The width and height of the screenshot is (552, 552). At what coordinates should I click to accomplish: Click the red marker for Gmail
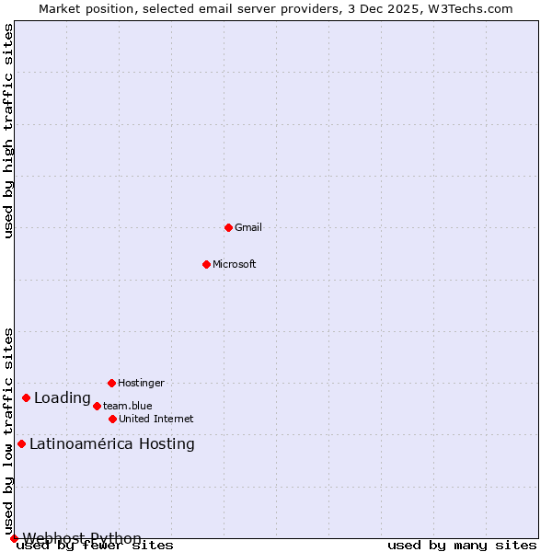[228, 227]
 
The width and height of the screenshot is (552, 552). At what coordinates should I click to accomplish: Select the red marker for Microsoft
[206, 264]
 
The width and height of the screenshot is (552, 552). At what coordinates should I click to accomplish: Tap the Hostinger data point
[111, 383]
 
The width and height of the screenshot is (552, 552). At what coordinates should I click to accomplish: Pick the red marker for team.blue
[97, 406]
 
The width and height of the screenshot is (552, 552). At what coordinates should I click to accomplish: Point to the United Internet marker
[112, 419]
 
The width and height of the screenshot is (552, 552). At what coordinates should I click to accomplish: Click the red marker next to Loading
[26, 397]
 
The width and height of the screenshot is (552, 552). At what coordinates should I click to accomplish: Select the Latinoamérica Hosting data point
[21, 443]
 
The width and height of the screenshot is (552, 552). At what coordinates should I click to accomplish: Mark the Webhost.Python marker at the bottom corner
[14, 538]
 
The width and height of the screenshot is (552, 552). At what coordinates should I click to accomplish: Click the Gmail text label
[248, 227]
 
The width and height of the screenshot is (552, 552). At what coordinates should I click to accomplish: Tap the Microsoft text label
[235, 264]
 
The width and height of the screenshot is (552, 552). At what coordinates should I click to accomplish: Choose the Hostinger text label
[141, 383]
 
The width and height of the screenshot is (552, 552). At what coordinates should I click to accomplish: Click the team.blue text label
[128, 406]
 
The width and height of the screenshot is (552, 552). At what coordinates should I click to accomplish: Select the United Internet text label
[156, 419]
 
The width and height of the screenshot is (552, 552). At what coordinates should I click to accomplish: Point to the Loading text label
[63, 398]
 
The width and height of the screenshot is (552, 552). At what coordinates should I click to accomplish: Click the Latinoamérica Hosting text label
[112, 444]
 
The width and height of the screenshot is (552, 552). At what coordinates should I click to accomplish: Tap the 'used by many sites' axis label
[462, 545]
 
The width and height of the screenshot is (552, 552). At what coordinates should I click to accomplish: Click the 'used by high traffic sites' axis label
[8, 131]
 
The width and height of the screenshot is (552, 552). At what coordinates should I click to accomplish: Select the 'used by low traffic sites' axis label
[8, 431]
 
